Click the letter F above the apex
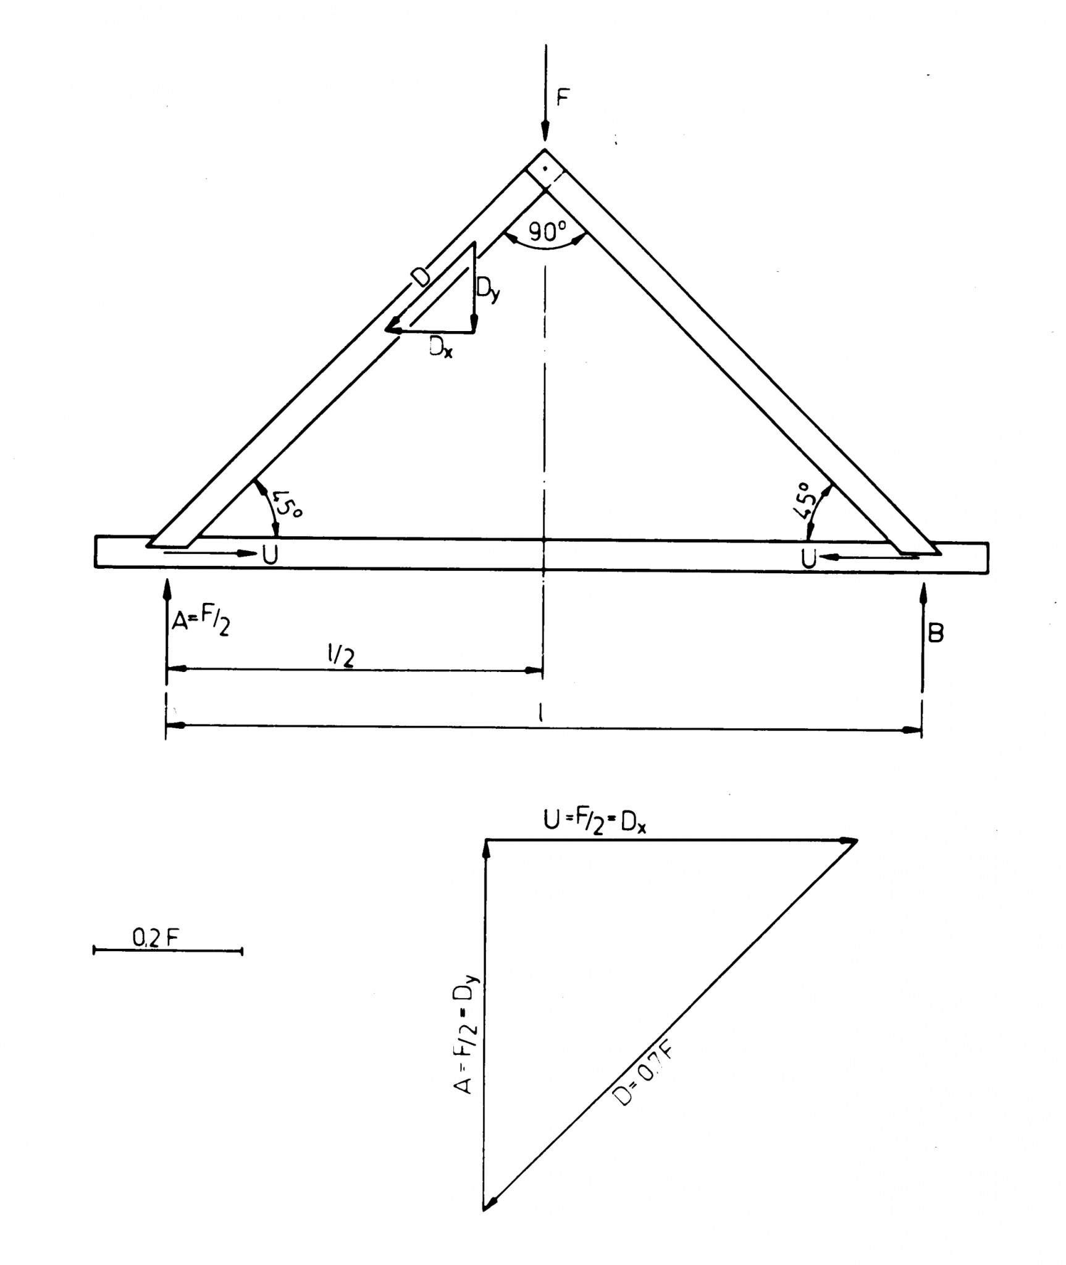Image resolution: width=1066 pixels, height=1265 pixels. coord(562,98)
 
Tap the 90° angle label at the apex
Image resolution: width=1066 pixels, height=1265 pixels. coord(547,232)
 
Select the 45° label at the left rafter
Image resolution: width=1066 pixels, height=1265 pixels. coord(287,503)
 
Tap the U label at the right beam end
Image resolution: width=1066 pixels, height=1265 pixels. coord(808,558)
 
